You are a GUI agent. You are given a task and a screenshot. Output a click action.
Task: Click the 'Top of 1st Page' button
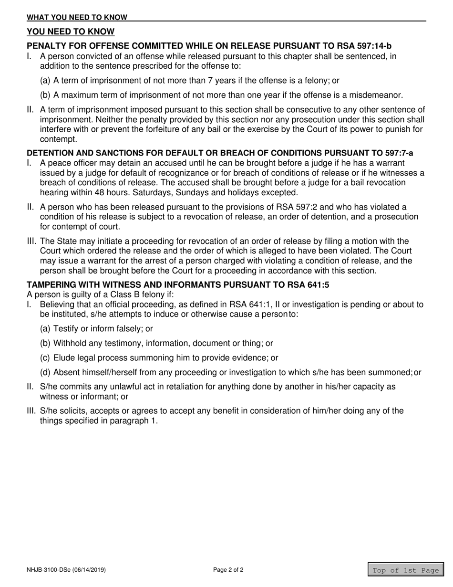click(405, 570)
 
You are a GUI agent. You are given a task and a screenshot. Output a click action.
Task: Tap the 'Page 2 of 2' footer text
click(228, 570)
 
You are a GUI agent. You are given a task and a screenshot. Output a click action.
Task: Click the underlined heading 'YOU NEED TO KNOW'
click(71, 32)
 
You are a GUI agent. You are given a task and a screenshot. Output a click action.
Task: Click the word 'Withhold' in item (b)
click(70, 343)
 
